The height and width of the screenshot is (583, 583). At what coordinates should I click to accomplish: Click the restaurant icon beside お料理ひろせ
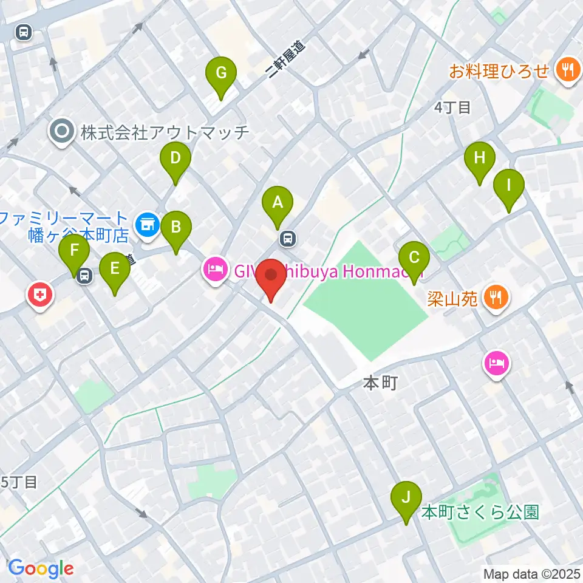(x=568, y=71)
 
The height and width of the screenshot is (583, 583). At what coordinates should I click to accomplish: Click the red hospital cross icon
(x=41, y=296)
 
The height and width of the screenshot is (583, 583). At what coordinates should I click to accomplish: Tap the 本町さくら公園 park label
(x=480, y=512)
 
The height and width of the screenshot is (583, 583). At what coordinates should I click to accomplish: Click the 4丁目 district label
(x=452, y=108)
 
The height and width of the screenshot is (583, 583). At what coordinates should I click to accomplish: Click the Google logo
(x=41, y=568)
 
